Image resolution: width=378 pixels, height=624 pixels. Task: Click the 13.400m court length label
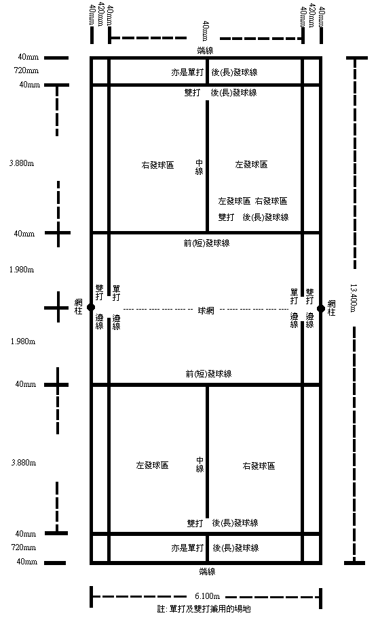click(354, 297)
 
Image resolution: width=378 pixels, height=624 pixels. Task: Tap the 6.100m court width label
click(207, 596)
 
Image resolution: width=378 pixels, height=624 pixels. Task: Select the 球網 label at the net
click(206, 310)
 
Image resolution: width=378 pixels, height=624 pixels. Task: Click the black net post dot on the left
click(91, 307)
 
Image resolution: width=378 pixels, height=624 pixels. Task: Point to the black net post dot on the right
click(320, 308)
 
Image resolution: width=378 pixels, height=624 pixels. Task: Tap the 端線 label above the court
click(206, 51)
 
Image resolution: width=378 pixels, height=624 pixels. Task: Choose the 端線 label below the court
click(207, 571)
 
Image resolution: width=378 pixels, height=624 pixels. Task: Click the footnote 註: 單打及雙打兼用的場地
click(204, 608)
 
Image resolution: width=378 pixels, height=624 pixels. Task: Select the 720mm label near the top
click(26, 70)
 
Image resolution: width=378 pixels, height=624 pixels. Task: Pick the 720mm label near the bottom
click(24, 547)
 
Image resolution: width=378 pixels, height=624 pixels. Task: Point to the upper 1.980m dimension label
click(22, 270)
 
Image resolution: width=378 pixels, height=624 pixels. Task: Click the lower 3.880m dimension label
click(24, 463)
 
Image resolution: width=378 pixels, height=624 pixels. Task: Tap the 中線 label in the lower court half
click(200, 464)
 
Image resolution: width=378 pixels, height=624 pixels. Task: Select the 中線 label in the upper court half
click(200, 167)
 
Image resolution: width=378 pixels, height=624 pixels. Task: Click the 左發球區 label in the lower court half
click(152, 465)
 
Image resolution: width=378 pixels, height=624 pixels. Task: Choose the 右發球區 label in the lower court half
click(259, 465)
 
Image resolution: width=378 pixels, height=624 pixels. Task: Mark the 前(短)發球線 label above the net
click(206, 243)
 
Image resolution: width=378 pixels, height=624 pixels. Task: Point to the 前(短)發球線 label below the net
click(208, 374)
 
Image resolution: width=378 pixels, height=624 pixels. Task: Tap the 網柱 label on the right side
click(331, 308)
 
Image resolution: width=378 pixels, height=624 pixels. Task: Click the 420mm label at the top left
click(101, 14)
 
